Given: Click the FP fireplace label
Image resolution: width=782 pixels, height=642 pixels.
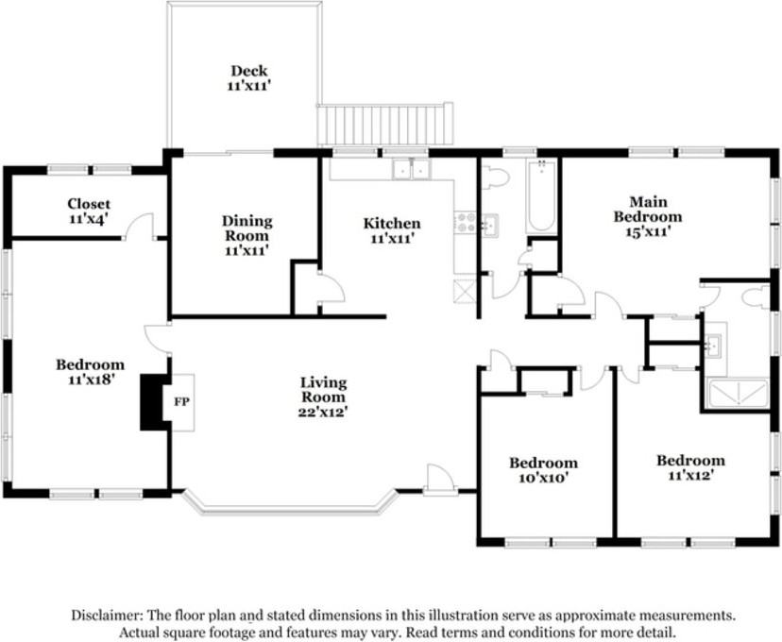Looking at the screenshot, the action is (x=182, y=402).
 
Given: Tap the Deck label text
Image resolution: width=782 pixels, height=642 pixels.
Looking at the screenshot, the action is (x=249, y=71).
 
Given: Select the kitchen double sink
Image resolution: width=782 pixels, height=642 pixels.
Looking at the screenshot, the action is (x=411, y=170).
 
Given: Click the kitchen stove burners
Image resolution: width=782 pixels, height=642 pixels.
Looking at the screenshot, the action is (x=467, y=222).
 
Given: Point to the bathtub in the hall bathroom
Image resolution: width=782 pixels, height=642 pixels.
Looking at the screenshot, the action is (x=541, y=196).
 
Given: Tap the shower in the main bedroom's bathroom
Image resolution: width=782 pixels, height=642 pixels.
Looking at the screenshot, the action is (x=736, y=394).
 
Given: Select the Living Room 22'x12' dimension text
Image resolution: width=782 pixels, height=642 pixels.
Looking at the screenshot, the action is (x=323, y=413).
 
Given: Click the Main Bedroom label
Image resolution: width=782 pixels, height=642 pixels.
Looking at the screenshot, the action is (x=648, y=210).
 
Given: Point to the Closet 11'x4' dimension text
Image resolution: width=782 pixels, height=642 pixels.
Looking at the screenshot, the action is (x=89, y=219).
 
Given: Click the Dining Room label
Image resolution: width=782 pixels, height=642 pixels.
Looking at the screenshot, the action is (x=247, y=228).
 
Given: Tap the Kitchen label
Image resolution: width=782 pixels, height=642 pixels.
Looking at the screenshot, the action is (x=392, y=224).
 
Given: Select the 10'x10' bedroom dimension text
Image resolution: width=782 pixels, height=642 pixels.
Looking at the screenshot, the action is (x=544, y=478).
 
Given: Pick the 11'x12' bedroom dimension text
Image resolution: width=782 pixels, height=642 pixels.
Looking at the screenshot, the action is (x=689, y=475).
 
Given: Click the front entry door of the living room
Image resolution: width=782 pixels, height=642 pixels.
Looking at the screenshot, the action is (x=441, y=480).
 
